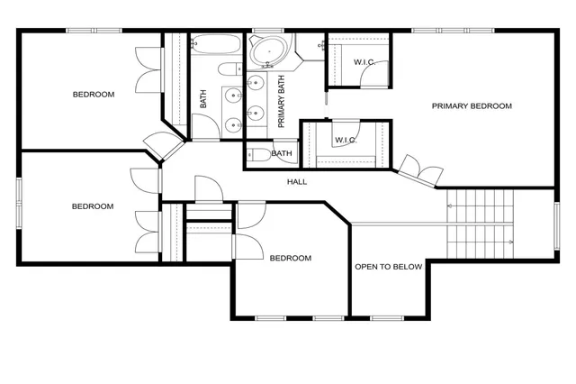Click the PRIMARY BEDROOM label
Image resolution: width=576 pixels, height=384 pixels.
[x=472, y=106]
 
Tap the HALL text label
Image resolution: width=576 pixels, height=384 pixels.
[x=297, y=182]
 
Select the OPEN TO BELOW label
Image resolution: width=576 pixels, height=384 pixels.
[x=388, y=267]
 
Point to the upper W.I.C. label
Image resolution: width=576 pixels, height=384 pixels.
[x=365, y=62]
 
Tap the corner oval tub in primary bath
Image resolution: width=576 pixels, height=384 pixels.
[x=266, y=51]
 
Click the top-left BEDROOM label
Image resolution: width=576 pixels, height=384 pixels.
[x=94, y=95]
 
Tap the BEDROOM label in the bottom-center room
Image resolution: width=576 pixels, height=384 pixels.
[x=290, y=259]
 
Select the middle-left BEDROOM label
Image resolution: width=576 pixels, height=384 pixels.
[x=93, y=206]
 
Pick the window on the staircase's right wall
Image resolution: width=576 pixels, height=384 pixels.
[x=556, y=224]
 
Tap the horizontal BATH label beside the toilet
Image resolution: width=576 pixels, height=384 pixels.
[x=282, y=154]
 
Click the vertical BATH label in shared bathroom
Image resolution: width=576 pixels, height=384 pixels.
[x=203, y=100]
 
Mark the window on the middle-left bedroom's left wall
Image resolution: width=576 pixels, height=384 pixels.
[x=19, y=203]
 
